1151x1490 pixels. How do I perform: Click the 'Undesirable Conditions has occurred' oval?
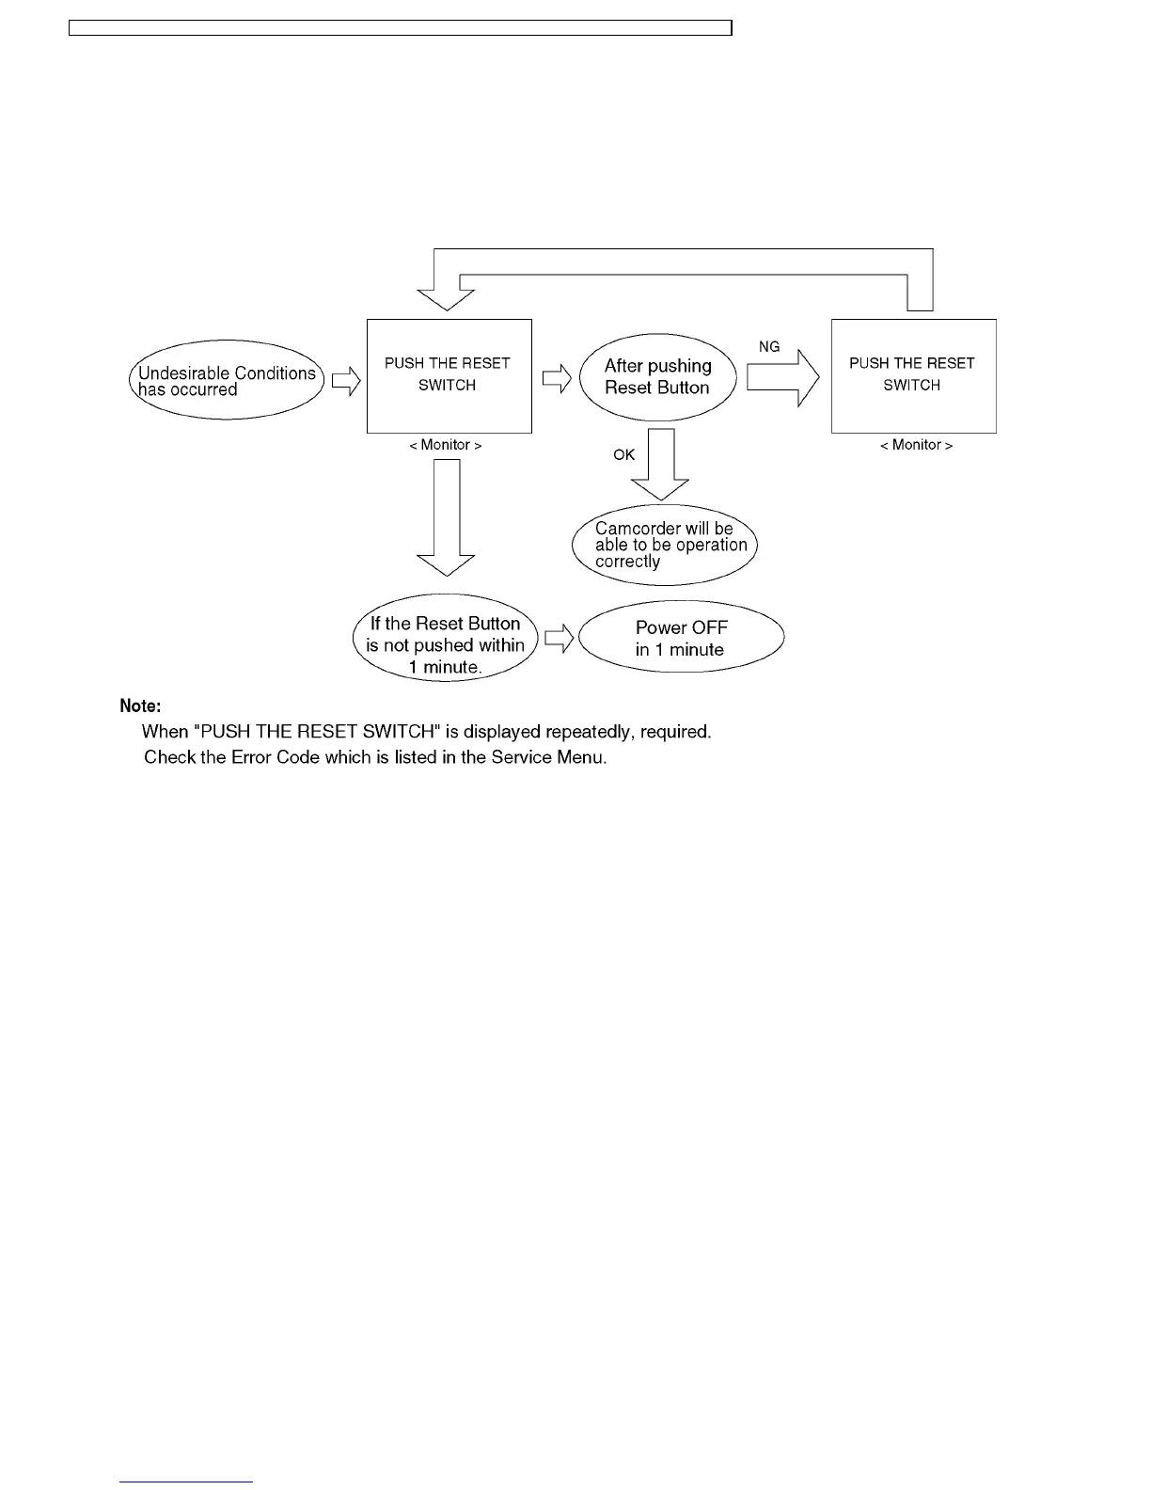226,380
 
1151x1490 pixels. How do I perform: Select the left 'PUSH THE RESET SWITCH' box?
449,375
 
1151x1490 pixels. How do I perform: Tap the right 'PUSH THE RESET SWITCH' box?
913,375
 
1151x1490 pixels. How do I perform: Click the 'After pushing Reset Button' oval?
657,377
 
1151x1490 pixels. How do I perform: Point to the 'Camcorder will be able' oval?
665,545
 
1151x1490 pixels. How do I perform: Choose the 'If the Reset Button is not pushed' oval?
445,645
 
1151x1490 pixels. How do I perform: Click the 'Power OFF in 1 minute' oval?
681,638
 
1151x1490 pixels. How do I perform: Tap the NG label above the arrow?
769,347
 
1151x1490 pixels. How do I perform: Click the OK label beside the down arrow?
624,455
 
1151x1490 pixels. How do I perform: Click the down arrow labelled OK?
661,465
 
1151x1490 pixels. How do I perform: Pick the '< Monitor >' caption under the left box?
446,445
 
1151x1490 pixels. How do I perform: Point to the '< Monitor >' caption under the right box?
916,445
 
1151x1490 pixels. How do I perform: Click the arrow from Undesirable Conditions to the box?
346,380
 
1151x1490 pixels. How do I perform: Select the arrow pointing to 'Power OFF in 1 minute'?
560,639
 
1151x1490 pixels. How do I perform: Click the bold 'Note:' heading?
140,705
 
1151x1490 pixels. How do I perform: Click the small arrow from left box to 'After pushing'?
557,379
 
